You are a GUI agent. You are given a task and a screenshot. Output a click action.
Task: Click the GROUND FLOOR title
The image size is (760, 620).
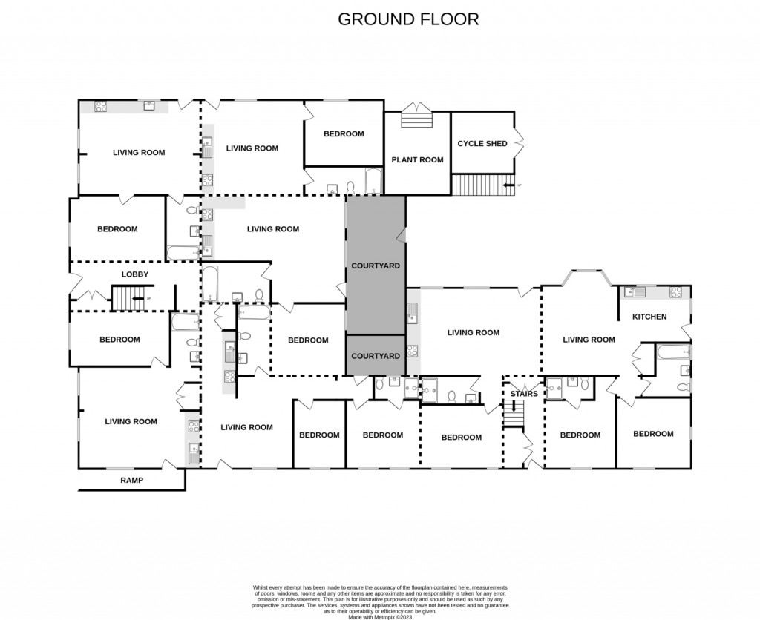point(408,19)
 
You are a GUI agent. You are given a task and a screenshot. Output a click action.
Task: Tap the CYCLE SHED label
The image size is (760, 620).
point(482,143)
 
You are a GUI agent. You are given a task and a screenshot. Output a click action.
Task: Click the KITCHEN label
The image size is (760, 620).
point(649,317)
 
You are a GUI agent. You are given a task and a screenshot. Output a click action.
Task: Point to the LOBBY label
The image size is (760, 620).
point(135,274)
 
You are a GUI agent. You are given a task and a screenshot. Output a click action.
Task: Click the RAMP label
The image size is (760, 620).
point(131,481)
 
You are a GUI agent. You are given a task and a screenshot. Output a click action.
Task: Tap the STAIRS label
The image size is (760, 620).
point(524,393)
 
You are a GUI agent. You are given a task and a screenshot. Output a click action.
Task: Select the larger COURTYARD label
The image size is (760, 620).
point(376,266)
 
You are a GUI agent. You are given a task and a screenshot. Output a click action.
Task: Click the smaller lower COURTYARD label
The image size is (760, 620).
point(376,356)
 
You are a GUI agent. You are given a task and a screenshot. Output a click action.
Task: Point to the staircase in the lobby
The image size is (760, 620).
point(127,299)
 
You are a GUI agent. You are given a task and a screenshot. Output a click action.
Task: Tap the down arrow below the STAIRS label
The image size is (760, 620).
point(514,406)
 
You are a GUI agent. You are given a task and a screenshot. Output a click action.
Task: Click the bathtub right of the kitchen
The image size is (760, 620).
point(672,351)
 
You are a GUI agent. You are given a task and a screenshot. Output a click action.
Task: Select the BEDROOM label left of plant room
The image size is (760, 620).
point(344,134)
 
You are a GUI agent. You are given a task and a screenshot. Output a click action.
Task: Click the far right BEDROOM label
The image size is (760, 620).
point(653,434)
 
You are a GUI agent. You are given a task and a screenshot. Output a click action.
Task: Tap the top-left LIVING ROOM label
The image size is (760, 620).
point(139,153)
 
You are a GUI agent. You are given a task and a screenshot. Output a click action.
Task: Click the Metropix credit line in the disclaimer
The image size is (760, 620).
point(379,616)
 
